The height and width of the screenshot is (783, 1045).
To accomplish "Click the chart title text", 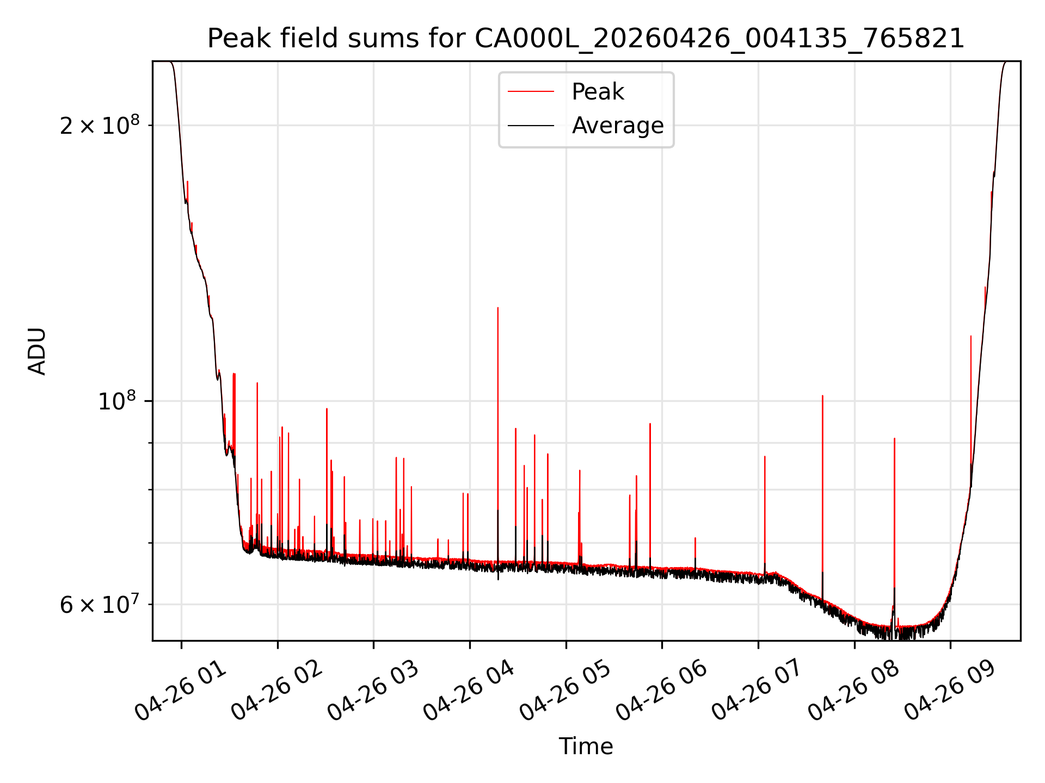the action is pyautogui.click(x=586, y=39).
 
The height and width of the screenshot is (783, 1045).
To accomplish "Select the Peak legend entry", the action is pyautogui.click(x=598, y=92).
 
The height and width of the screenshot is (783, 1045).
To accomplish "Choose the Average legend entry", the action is pyautogui.click(x=618, y=126).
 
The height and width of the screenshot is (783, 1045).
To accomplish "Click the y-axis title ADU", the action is pyautogui.click(x=37, y=351).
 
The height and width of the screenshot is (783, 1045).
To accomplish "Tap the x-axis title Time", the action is pyautogui.click(x=586, y=747).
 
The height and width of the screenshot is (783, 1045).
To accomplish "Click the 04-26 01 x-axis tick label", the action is pyautogui.click(x=180, y=691).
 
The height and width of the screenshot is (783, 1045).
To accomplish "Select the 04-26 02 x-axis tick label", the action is pyautogui.click(x=276, y=691).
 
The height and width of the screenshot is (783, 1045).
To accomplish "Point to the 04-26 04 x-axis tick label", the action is pyautogui.click(x=469, y=691).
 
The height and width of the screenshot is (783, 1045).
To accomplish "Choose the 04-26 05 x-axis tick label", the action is pyautogui.click(x=565, y=691).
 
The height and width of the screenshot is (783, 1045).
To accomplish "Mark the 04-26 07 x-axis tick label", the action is pyautogui.click(x=757, y=691).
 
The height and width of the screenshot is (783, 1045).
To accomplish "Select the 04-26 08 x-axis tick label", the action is pyautogui.click(x=853, y=691).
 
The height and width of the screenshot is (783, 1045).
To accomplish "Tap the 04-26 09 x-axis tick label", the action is pyautogui.click(x=950, y=691).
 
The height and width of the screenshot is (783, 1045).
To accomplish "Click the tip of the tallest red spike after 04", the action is pyautogui.click(x=497, y=308).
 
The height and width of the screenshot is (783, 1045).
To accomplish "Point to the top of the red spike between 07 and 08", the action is pyautogui.click(x=822, y=396).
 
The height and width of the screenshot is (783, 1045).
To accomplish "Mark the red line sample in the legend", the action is pyautogui.click(x=531, y=92).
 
